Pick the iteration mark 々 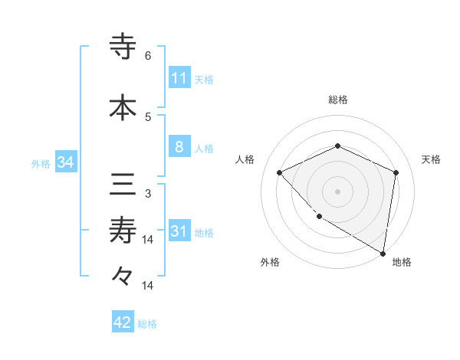click(x=123, y=274)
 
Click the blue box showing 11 click(x=179, y=78)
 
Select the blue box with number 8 click(x=179, y=147)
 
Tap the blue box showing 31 click(x=179, y=231)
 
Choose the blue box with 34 click(x=65, y=162)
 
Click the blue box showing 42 click(x=123, y=322)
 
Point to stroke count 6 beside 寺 click(x=148, y=56)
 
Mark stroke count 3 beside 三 click(x=148, y=194)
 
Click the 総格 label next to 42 click(x=147, y=323)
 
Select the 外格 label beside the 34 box click(x=41, y=163)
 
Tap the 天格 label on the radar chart click(x=431, y=159)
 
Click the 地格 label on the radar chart click(x=402, y=263)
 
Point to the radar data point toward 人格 click(x=280, y=172)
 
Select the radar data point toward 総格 click(x=337, y=146)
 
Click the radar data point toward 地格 click(x=383, y=253)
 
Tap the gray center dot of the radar click(x=337, y=191)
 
